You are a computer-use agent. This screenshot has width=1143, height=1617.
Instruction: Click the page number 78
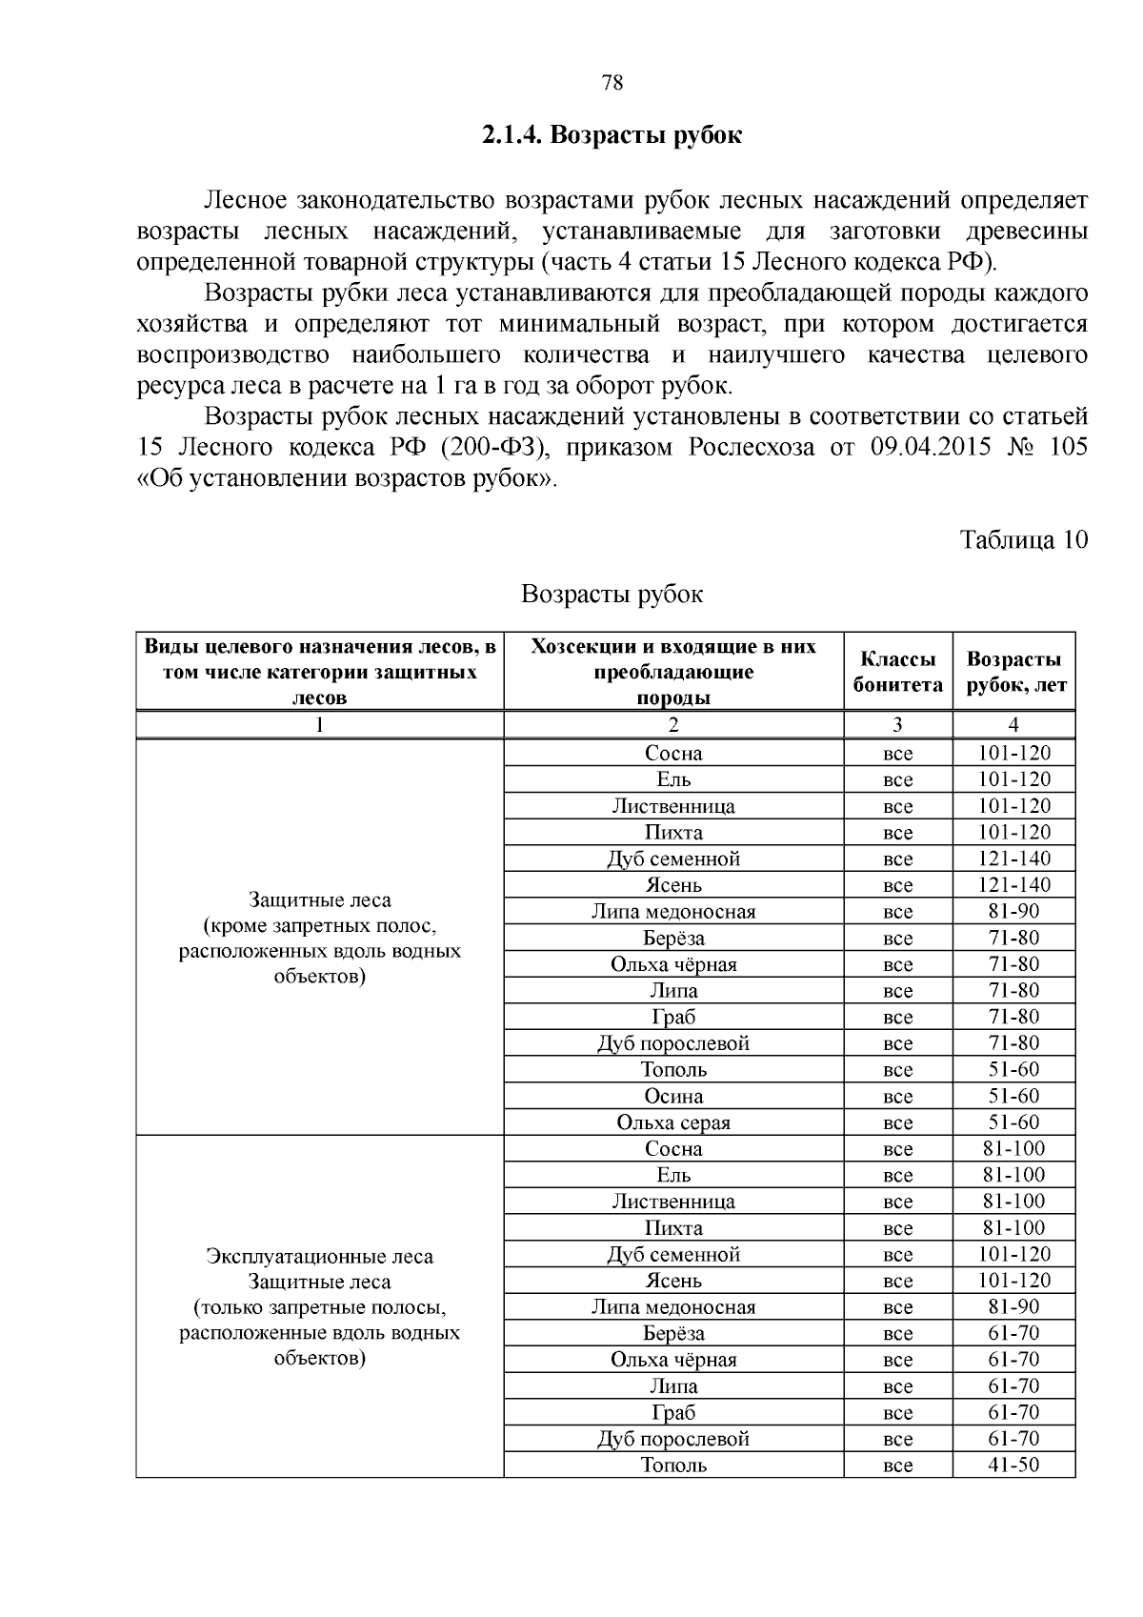[x=612, y=83]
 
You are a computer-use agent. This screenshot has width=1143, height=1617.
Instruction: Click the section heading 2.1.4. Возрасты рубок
[x=612, y=136]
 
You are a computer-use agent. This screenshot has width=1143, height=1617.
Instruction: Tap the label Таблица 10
[x=1023, y=539]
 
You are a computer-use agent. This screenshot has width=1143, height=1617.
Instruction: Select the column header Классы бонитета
[x=897, y=672]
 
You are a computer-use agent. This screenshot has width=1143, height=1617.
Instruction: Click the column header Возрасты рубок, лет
[x=1013, y=672]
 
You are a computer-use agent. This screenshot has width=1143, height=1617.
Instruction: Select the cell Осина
[x=672, y=1096]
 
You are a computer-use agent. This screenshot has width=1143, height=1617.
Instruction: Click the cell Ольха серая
[x=672, y=1122]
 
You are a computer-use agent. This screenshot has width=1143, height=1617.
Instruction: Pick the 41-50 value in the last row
[x=1013, y=1465]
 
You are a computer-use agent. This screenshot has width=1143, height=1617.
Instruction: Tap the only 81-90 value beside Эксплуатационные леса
[x=1013, y=1306]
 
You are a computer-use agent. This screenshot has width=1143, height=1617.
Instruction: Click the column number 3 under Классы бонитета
[x=897, y=724]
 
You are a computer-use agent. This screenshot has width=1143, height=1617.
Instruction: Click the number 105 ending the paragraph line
[x=1067, y=447]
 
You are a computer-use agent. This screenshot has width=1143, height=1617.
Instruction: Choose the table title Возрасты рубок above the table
[x=612, y=595]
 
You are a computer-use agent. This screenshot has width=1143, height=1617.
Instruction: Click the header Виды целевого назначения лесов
[x=320, y=647]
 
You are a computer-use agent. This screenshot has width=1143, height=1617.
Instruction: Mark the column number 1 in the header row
[x=320, y=724]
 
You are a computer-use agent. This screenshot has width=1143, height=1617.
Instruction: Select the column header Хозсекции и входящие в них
[x=672, y=647]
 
